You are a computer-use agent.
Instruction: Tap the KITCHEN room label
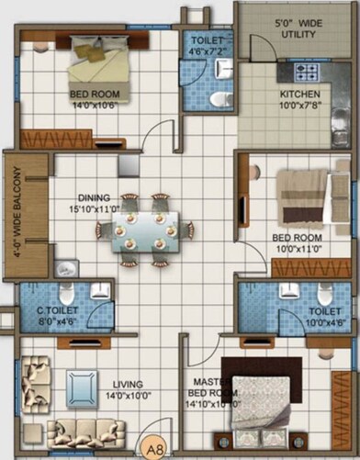coord(299,95)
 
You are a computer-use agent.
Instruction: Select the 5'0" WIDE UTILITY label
coord(297,27)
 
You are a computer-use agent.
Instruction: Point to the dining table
coord(147,230)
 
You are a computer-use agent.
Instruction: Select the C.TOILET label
coord(57,311)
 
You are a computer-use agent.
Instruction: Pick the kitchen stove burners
coord(305,71)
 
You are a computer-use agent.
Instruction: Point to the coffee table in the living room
coord(80,385)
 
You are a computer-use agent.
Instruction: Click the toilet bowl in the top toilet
coord(217,97)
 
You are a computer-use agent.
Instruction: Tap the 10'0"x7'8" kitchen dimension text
coord(299,106)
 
